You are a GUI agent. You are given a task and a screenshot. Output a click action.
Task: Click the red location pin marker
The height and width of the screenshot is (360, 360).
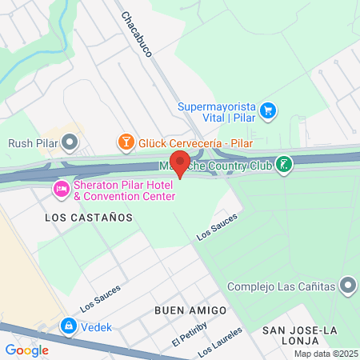click(180, 163)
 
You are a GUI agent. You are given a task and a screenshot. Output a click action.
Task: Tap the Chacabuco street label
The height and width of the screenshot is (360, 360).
click(138, 34)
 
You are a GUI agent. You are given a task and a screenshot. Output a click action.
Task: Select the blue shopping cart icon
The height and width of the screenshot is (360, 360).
click(269, 110)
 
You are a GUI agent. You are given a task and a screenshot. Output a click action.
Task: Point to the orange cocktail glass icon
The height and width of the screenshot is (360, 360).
click(126, 142)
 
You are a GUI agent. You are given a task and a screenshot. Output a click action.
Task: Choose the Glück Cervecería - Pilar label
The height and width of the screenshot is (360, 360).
click(195, 142)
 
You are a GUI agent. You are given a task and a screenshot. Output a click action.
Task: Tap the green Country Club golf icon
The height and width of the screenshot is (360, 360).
click(283, 166)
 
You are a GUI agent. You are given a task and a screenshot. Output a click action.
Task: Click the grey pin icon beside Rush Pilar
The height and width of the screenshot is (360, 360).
click(70, 143)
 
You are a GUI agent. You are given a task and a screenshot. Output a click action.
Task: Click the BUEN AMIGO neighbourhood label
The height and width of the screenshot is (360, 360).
click(191, 310)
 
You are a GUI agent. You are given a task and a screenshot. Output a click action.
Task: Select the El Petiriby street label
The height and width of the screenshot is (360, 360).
click(190, 333)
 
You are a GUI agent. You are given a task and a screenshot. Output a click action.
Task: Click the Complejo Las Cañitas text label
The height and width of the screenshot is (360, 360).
click(281, 286)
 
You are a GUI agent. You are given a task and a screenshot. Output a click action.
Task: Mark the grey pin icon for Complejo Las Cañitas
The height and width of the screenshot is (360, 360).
click(347, 286)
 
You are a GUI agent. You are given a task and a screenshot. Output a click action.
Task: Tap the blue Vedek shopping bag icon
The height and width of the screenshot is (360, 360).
click(69, 326)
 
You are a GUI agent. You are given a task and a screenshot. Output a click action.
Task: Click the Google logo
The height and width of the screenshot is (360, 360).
click(27, 350)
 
